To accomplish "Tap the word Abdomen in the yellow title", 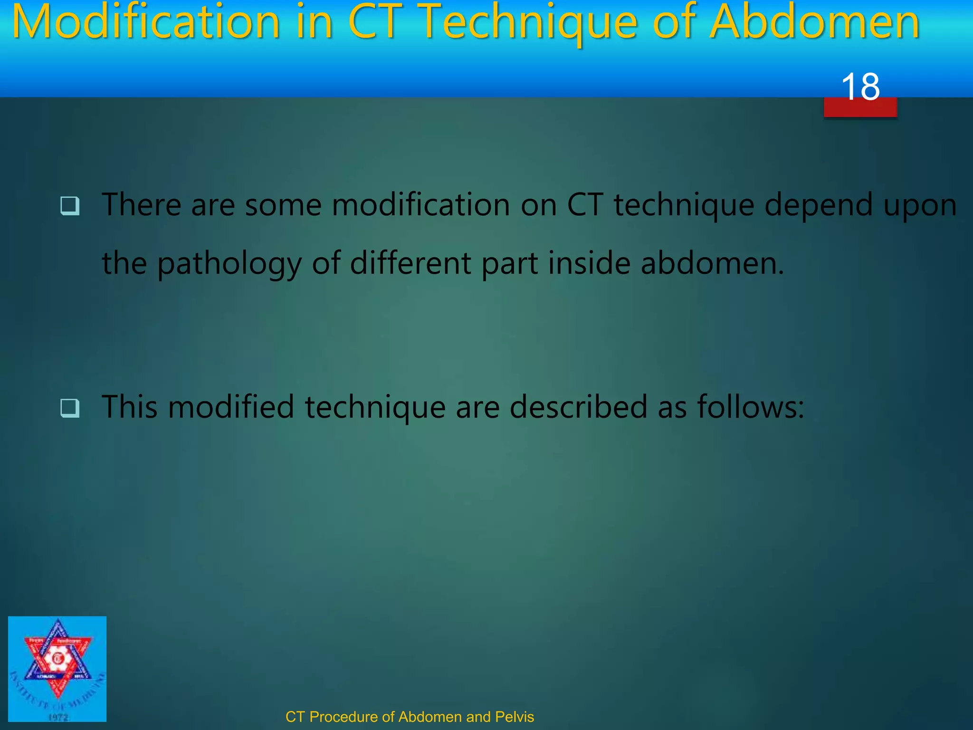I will (x=814, y=23).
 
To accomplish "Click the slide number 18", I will (x=860, y=87).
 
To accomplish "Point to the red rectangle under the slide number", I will (x=860, y=108).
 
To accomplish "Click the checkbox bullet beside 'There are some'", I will (x=70, y=206).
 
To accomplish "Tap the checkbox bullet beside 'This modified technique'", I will (x=70, y=408).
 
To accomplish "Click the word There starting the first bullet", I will (x=141, y=205).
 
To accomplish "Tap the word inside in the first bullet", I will (x=589, y=263).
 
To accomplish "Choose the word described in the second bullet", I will (x=578, y=407).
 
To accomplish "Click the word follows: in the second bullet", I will (x=750, y=407).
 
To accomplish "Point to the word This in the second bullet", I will (x=129, y=407).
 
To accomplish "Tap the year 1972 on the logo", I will (x=58, y=717).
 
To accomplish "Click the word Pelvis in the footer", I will (x=515, y=717).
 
